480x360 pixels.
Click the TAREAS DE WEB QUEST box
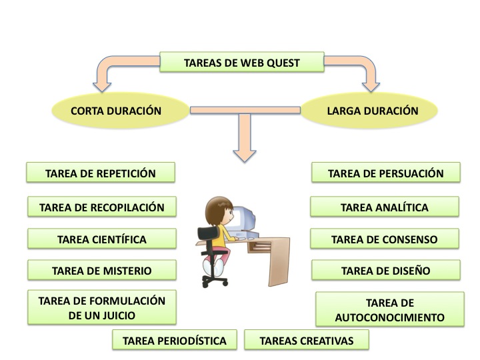[x=241, y=63]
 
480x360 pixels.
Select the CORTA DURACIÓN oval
[x=116, y=111]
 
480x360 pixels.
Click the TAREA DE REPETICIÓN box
[x=101, y=173]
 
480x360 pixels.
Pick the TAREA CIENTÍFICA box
[x=101, y=239]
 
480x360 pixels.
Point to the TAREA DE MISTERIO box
[x=101, y=271]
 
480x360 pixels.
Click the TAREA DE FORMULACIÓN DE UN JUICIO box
[x=101, y=307]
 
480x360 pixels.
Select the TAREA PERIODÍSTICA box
[x=175, y=341]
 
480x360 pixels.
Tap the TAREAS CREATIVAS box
[x=306, y=341]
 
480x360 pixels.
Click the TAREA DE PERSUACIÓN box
[x=385, y=173]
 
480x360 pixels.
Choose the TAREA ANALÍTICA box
[x=385, y=207]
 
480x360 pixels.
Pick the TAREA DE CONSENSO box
[x=385, y=239]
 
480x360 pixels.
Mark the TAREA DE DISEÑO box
[x=385, y=271]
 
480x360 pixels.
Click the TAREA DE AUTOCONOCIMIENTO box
[x=390, y=309]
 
